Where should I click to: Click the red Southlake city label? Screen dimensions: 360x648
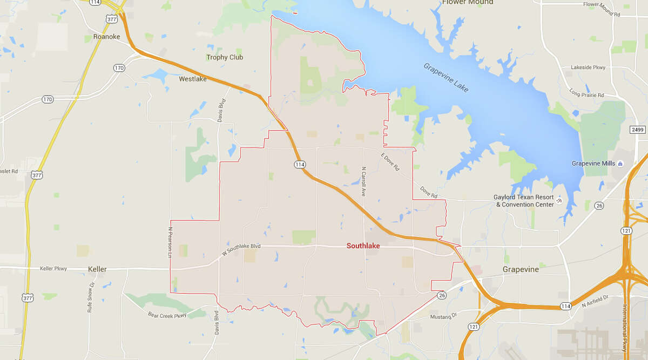pos(363,246)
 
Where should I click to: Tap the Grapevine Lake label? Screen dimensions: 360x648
pos(446,77)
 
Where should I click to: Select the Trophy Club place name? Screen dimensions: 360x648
pos(225,57)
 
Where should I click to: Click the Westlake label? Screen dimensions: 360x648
pos(193,79)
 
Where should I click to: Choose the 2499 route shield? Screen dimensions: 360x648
pos(638,130)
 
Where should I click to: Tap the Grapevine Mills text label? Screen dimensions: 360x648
pos(594,164)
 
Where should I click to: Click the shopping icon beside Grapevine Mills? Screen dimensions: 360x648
pos(620,164)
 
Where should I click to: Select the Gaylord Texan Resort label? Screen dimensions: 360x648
pos(524,201)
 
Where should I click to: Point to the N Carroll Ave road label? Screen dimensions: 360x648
pos(364,181)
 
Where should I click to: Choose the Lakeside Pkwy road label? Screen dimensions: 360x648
pos(588,67)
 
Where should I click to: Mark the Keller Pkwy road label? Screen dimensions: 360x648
pos(53,268)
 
